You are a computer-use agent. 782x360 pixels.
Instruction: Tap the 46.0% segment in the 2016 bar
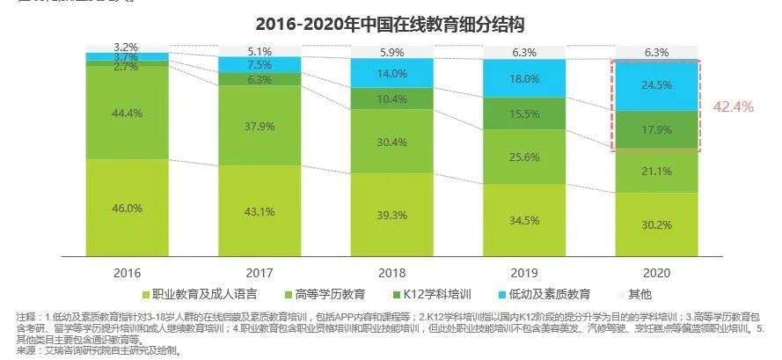pyautogui.click(x=128, y=209)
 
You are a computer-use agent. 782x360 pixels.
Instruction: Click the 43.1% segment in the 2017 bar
pyautogui.click(x=259, y=212)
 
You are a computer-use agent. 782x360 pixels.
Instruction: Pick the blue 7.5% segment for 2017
pyautogui.click(x=259, y=64)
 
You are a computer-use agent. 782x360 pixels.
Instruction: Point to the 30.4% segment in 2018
pyautogui.click(x=391, y=142)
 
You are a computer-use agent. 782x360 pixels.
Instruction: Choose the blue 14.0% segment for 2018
pyautogui.click(x=391, y=74)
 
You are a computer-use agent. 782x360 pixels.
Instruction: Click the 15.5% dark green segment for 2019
pyautogui.click(x=524, y=114)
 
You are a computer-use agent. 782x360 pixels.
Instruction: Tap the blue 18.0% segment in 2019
pyautogui.click(x=524, y=78)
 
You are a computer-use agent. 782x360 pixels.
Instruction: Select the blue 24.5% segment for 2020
pyautogui.click(x=655, y=85)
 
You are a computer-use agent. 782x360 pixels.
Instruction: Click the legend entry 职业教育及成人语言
pyautogui.click(x=201, y=293)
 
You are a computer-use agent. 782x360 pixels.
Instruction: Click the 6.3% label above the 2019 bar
pyautogui.click(x=524, y=52)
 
